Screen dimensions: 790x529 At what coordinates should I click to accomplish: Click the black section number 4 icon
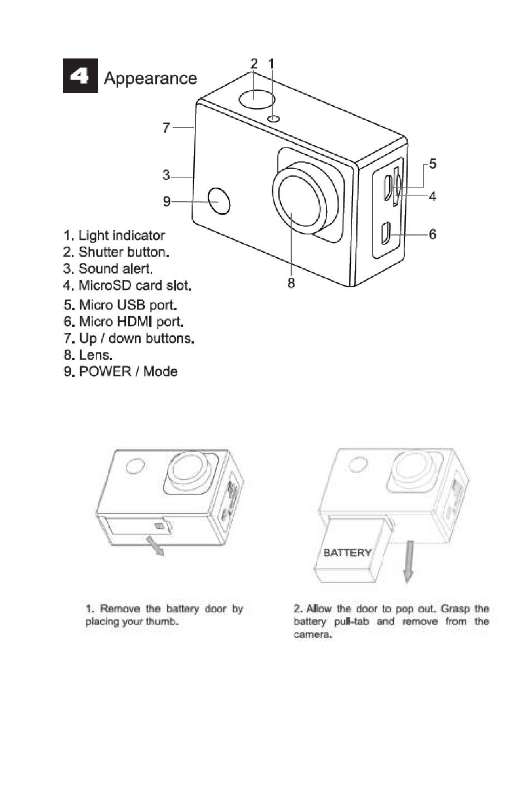point(80,76)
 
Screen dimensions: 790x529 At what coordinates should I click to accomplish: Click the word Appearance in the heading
point(150,78)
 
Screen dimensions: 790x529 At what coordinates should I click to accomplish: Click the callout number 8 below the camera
point(291,283)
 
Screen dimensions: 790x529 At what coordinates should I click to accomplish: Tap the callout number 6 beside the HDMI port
point(433,234)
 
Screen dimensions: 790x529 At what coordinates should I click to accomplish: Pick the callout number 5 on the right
point(433,164)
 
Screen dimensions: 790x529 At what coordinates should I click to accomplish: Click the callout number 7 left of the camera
point(166,127)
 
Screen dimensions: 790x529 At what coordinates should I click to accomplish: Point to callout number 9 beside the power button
point(166,202)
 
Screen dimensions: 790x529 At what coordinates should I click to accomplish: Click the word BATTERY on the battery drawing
point(347,552)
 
